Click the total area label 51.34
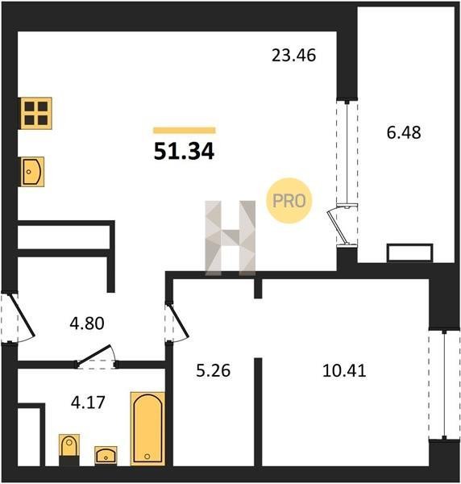pos(184,152)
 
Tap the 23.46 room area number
pos(293,56)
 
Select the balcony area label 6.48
pos(404,133)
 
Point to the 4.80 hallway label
pos(87,323)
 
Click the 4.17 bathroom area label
pos(88,403)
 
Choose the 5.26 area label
pos(213,371)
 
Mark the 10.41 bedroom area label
pos(344,371)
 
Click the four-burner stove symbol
pos(36,113)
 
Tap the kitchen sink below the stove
pos(32,172)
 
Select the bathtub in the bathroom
pos(147,428)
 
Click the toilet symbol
pos(69,449)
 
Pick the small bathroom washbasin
pos(106,455)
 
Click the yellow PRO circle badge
pos(289,201)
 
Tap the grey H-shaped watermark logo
pos(230,238)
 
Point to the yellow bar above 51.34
pos(185,130)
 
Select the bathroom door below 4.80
pos(96,358)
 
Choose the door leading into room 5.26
pos(177,323)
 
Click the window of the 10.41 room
pos(444,385)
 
